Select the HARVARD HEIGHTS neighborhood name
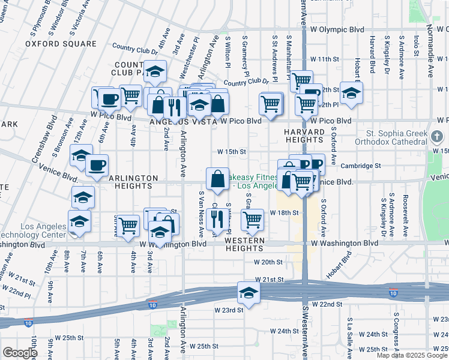click(304, 136)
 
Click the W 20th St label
click(268, 262)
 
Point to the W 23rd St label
click(229, 310)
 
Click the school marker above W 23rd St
click(247, 293)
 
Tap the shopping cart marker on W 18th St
click(253, 220)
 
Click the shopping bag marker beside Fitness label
click(216, 178)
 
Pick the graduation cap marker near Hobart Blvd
click(351, 93)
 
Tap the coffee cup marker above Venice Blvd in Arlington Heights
click(97, 165)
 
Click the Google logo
click(20, 353)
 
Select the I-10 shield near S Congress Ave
click(393, 293)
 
